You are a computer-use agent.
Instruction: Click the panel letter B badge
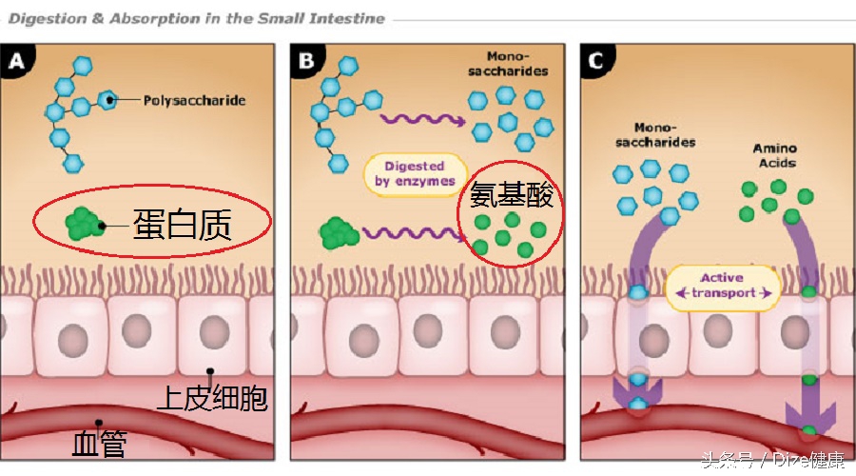pyautogui.click(x=306, y=63)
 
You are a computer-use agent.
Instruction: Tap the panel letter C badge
pyautogui.click(x=596, y=63)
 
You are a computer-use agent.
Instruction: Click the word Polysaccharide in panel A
pyautogui.click(x=194, y=99)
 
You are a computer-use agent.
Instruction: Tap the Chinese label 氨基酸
pyautogui.click(x=511, y=197)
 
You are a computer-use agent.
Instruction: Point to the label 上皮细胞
pyautogui.click(x=211, y=398)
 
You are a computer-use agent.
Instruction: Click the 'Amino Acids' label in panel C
pyautogui.click(x=774, y=155)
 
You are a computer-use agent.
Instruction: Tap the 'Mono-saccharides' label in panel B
pyautogui.click(x=517, y=64)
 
